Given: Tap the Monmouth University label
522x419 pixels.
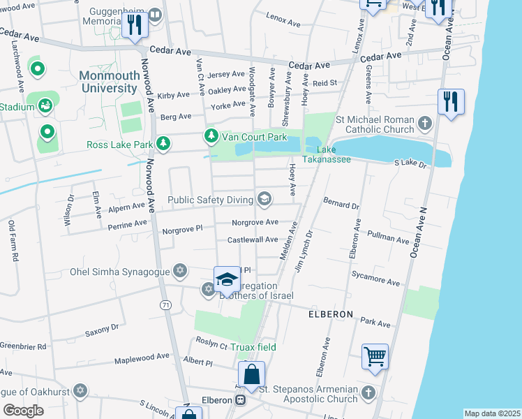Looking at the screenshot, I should (x=108, y=82).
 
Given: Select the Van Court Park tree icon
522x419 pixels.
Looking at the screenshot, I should (x=209, y=135).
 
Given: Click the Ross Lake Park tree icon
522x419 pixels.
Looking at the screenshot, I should (x=163, y=145).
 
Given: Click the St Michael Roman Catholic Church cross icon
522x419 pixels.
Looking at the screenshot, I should (x=425, y=124).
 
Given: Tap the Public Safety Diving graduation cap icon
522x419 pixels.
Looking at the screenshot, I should (x=264, y=200).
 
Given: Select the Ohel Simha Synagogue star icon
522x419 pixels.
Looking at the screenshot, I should (x=180, y=271).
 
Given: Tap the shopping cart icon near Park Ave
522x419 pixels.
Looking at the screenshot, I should (x=375, y=357).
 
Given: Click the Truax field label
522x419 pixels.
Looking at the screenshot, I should (x=255, y=347).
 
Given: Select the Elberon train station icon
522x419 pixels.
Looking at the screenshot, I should (x=240, y=400).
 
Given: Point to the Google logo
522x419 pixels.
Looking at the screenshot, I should (x=23, y=411).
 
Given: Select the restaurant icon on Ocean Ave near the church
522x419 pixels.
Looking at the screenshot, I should (x=451, y=102).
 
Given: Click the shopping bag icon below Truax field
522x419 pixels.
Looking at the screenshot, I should (x=252, y=374).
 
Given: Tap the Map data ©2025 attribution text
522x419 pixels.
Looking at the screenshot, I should (x=491, y=413).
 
